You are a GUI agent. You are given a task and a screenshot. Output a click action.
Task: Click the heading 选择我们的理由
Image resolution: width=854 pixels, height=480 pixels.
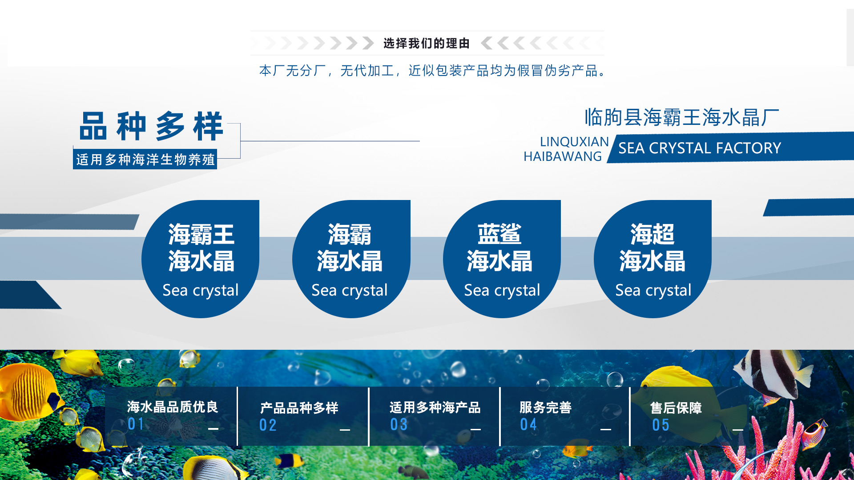(426, 44)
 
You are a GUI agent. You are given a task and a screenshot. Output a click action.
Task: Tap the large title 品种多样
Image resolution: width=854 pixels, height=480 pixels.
(151, 127)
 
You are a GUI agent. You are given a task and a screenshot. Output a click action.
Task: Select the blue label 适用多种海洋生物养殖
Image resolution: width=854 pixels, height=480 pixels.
(145, 160)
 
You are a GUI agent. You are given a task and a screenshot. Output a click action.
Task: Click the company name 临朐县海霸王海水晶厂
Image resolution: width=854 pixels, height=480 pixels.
(681, 118)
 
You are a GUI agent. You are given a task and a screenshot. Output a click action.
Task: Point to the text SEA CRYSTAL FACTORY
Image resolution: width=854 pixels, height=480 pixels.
(699, 148)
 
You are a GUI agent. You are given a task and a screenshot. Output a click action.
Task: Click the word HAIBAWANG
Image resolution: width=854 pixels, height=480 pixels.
(562, 156)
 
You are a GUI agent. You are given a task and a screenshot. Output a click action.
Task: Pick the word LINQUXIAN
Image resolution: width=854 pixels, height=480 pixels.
(574, 142)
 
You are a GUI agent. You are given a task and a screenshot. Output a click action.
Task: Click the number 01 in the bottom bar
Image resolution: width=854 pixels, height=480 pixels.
(136, 424)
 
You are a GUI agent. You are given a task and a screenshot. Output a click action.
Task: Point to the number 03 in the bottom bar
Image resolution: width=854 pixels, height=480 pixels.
(399, 425)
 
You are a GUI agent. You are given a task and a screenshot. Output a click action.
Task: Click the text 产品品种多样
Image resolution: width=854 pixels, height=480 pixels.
(299, 408)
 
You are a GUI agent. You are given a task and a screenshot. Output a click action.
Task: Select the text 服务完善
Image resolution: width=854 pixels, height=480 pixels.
(545, 408)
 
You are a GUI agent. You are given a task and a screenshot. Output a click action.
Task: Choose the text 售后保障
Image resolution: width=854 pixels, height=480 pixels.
(676, 408)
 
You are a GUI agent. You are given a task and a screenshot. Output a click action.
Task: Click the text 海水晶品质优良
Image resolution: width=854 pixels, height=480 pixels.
(172, 407)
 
